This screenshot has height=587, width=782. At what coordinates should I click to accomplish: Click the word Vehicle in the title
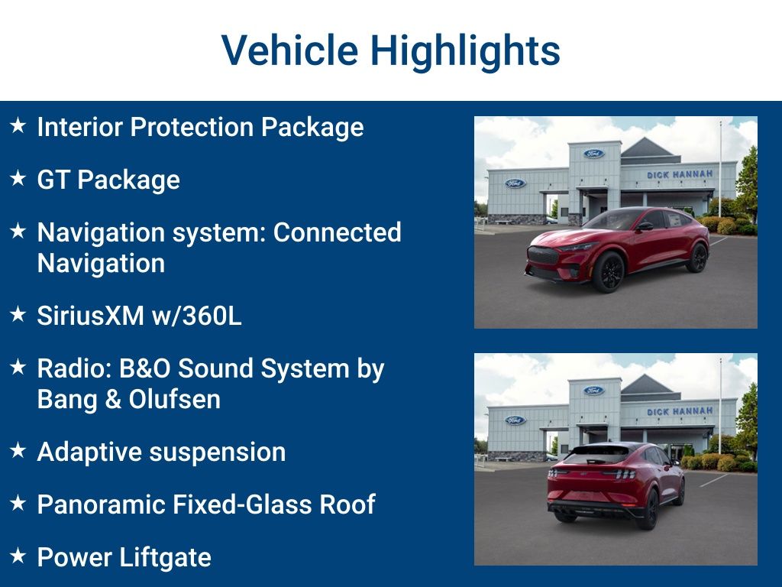click(289, 50)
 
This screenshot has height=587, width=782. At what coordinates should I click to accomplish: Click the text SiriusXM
click(91, 316)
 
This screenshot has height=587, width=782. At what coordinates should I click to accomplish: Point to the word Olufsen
click(175, 399)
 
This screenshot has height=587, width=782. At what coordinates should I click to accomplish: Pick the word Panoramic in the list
click(102, 504)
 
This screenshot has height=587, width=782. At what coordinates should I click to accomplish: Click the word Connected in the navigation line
click(337, 232)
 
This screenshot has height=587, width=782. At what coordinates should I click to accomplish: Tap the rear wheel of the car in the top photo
click(696, 258)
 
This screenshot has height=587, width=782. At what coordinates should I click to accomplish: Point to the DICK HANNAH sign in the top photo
click(680, 175)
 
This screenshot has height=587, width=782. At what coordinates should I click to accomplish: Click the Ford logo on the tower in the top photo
click(594, 153)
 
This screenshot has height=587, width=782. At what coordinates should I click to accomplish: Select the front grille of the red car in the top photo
click(543, 255)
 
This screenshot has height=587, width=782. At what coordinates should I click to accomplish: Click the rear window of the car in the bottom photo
click(596, 454)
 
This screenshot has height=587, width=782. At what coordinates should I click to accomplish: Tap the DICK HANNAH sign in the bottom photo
click(680, 411)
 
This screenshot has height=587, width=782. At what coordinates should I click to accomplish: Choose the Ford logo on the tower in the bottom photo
click(594, 390)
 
